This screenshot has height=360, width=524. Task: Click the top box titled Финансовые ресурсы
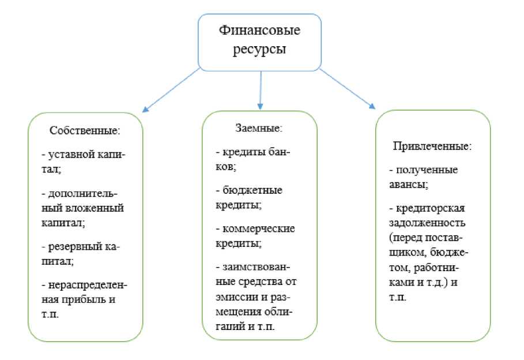click(x=261, y=40)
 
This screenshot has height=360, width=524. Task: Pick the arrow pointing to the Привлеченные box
click(x=346, y=88)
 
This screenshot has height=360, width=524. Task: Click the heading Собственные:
click(x=85, y=131)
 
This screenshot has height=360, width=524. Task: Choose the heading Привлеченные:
click(x=432, y=146)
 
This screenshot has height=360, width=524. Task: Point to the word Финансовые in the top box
click(x=261, y=30)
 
